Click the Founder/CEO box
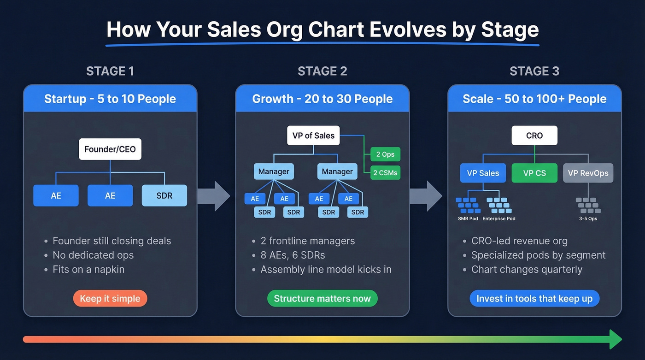click(x=110, y=149)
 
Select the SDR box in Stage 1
click(x=164, y=195)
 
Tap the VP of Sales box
click(x=313, y=136)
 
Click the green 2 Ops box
click(x=385, y=154)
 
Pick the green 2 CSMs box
click(x=385, y=173)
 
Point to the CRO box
click(x=534, y=136)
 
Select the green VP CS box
click(x=534, y=173)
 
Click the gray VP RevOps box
click(x=588, y=173)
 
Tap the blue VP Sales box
click(x=483, y=173)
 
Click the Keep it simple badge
click(x=110, y=299)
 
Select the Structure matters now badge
click(x=322, y=299)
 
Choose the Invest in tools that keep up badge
click(x=534, y=299)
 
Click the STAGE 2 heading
click(x=322, y=71)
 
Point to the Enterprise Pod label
click(x=499, y=218)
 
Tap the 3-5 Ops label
click(x=588, y=218)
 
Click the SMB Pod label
click(x=468, y=218)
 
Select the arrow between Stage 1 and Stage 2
click(x=215, y=196)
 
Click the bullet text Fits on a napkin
click(x=88, y=269)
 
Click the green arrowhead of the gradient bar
click(x=615, y=339)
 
